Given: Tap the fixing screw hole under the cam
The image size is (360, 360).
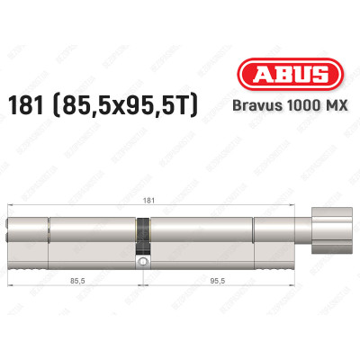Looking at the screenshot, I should pyautogui.click(x=142, y=262).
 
